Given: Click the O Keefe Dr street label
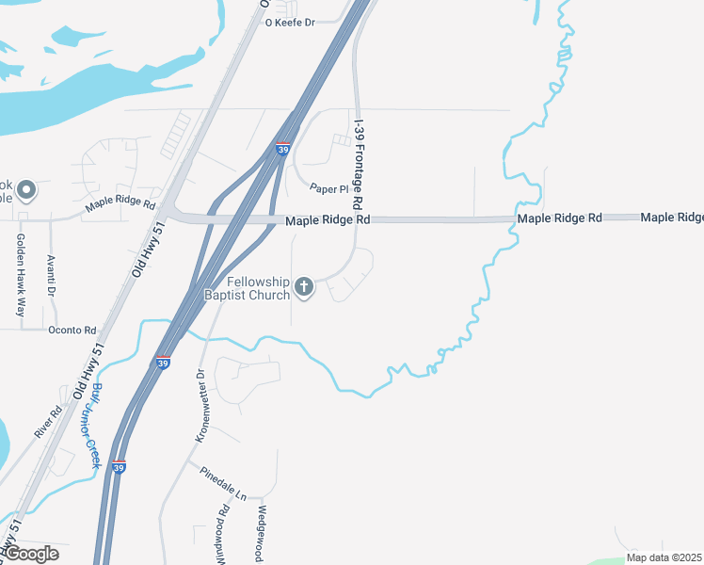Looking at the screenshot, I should (x=290, y=22).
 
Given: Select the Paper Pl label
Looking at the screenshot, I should (x=329, y=189).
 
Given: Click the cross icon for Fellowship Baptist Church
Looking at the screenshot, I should (x=303, y=285).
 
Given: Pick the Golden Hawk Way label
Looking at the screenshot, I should (x=19, y=273).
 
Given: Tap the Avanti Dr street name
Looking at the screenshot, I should (x=52, y=273).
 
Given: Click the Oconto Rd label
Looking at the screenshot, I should (x=72, y=330).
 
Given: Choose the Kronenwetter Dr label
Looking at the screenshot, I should (x=200, y=405).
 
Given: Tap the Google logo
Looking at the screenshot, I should (x=30, y=554).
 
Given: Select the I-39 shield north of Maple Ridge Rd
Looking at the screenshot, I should (x=283, y=149).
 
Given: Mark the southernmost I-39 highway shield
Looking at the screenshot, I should (x=118, y=466).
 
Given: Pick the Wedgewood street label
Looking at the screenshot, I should (x=262, y=533).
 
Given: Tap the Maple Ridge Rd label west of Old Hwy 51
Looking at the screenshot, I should (x=120, y=202).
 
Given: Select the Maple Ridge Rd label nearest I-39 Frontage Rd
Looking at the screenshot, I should (x=328, y=219).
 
